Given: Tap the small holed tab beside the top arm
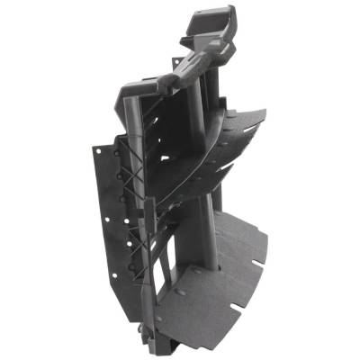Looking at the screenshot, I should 167,84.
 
